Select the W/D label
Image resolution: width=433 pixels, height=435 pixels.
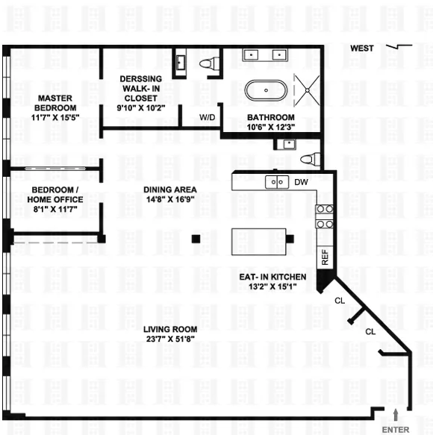click(208, 117)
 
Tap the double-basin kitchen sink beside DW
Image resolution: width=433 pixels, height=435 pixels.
click(278, 181)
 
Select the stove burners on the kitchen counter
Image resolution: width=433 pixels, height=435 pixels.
click(324, 216)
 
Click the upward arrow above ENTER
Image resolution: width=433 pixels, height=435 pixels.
click(396, 414)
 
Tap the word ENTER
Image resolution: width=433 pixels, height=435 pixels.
click(395, 429)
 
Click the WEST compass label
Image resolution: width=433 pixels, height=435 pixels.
click(362, 48)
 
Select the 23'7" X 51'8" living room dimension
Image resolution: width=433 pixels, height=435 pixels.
click(171, 339)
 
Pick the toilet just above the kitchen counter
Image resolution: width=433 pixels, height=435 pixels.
click(309, 158)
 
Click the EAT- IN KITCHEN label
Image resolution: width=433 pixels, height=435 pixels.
click(272, 276)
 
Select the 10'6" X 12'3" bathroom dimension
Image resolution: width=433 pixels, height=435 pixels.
click(271, 127)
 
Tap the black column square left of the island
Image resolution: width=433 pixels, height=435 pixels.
click(196, 239)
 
